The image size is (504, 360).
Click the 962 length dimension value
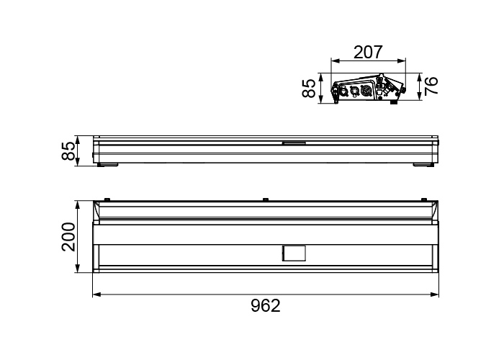click(x=266, y=306)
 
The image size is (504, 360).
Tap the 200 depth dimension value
click(x=68, y=237)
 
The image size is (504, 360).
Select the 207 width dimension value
click(x=369, y=52)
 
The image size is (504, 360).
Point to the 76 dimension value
click(x=431, y=86)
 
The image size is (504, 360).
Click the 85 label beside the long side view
click(x=68, y=150)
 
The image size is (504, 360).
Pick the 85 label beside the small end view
click(x=309, y=89)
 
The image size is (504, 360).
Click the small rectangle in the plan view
click(x=294, y=253)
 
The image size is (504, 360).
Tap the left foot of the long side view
click(x=108, y=165)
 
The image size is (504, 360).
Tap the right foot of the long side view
click(x=424, y=165)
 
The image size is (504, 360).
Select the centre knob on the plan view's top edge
click(x=265, y=199)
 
